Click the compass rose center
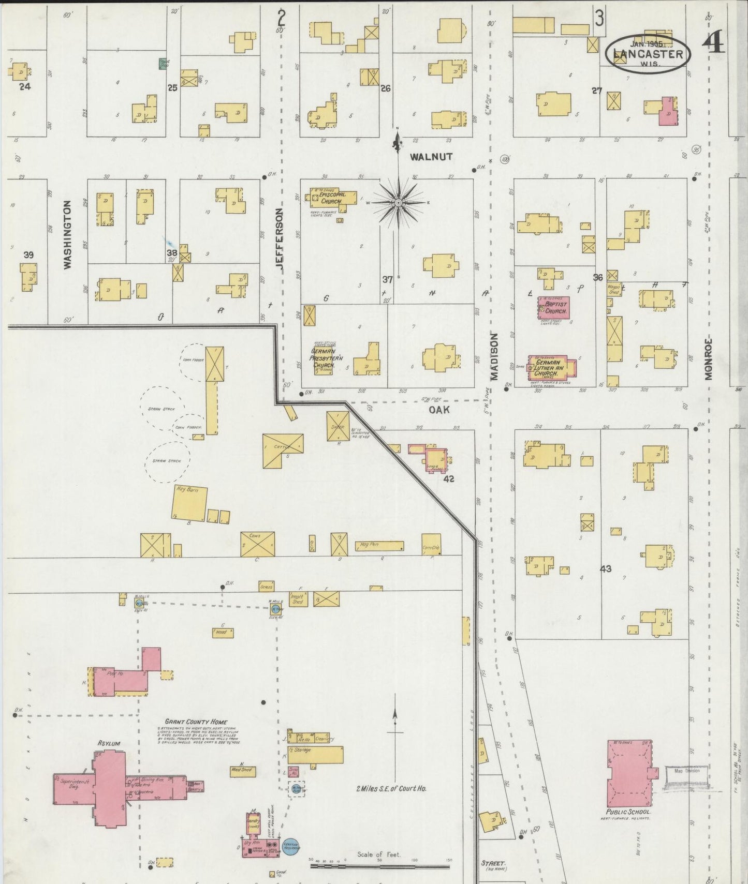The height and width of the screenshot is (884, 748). pyautogui.click(x=398, y=203)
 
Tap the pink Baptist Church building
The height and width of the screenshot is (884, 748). pyautogui.click(x=554, y=308)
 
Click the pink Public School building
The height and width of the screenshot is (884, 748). pyautogui.click(x=629, y=773)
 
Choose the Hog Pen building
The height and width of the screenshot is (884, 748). pyautogui.click(x=379, y=546)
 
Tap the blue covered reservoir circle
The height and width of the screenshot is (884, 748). pyautogui.click(x=290, y=847)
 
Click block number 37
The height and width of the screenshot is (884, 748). pyautogui.click(x=388, y=280)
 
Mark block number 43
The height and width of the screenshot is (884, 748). pyautogui.click(x=606, y=569)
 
